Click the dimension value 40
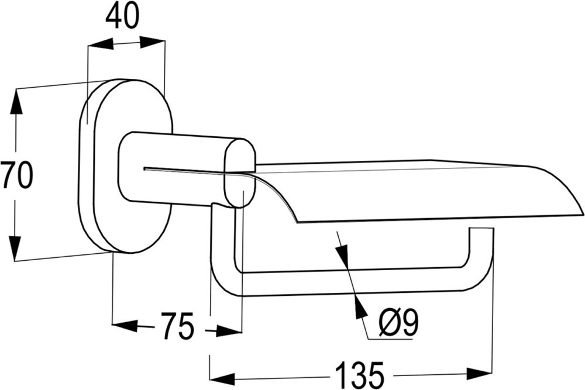click(122, 17)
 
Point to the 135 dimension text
click(359, 375)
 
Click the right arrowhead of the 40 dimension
click(152, 42)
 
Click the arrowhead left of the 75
click(125, 325)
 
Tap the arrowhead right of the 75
click(229, 330)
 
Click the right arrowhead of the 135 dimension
click(480, 373)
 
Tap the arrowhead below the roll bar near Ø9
click(359, 305)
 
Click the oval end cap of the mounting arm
click(240, 173)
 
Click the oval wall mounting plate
click(126, 166)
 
